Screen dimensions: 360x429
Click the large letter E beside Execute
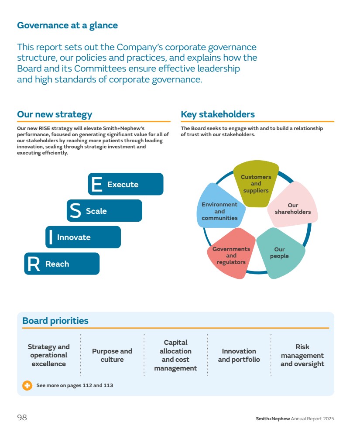[96, 184]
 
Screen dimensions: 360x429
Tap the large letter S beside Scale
[75, 210]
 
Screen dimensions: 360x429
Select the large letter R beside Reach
[33, 264]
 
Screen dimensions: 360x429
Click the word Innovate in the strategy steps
[74, 237]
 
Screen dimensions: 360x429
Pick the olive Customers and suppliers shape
[256, 183]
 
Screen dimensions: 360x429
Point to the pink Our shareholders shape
[293, 205]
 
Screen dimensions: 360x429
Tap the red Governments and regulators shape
[231, 254]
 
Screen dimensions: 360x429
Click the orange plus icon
[27, 385]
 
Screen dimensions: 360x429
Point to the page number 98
[22, 418]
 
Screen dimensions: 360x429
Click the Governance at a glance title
[67, 25]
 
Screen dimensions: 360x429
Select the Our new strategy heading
[55, 114]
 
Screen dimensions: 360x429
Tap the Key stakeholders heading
[218, 114]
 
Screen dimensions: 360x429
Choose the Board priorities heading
[55, 321]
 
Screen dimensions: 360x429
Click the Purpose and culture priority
[112, 355]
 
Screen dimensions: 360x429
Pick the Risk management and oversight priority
[302, 355]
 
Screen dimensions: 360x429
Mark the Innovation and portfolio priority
[239, 355]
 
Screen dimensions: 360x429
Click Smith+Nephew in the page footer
[273, 419]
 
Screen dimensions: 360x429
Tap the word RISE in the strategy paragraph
[45, 128]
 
